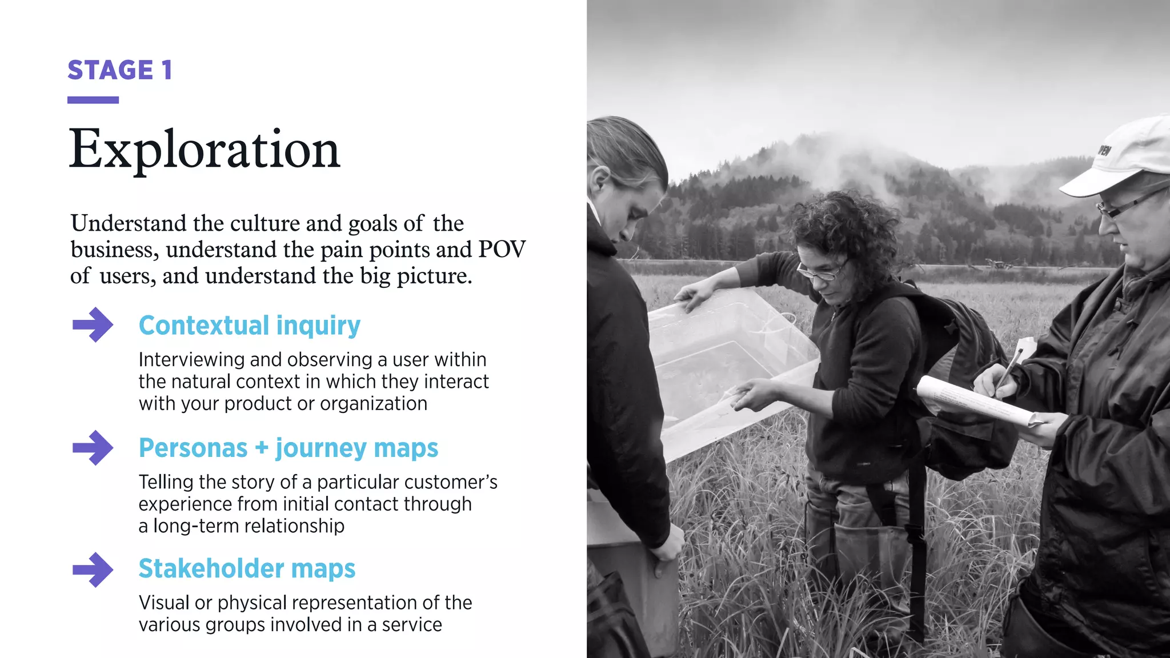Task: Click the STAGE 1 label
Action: [119, 70]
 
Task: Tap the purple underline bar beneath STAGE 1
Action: [93, 100]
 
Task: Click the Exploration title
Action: [205, 149]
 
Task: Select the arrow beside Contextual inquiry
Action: [93, 325]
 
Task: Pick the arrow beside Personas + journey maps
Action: [93, 448]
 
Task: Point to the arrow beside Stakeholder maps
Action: [93, 569]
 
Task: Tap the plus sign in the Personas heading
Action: [261, 448]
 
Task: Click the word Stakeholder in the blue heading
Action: [211, 569]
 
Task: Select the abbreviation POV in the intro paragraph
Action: [502, 250]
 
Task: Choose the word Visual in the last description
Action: [163, 603]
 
